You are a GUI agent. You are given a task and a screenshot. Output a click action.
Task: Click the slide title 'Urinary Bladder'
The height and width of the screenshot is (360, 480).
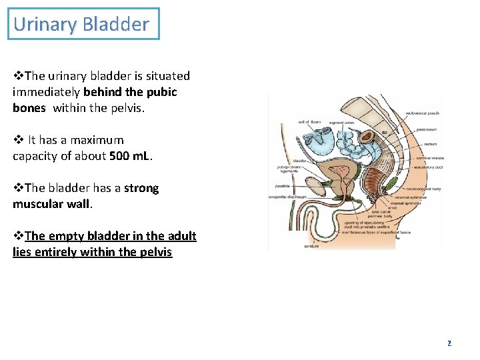(x=81, y=25)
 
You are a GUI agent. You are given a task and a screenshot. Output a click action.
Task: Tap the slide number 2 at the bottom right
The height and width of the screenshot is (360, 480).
(x=449, y=343)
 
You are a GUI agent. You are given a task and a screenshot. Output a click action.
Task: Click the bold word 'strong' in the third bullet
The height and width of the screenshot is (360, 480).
(x=141, y=188)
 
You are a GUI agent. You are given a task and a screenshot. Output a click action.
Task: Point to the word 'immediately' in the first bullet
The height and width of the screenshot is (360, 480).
(x=45, y=92)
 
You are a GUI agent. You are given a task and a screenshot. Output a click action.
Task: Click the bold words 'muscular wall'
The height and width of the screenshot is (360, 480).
(x=51, y=204)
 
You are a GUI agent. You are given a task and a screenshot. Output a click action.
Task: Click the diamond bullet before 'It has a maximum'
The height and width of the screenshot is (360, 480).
(x=18, y=140)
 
